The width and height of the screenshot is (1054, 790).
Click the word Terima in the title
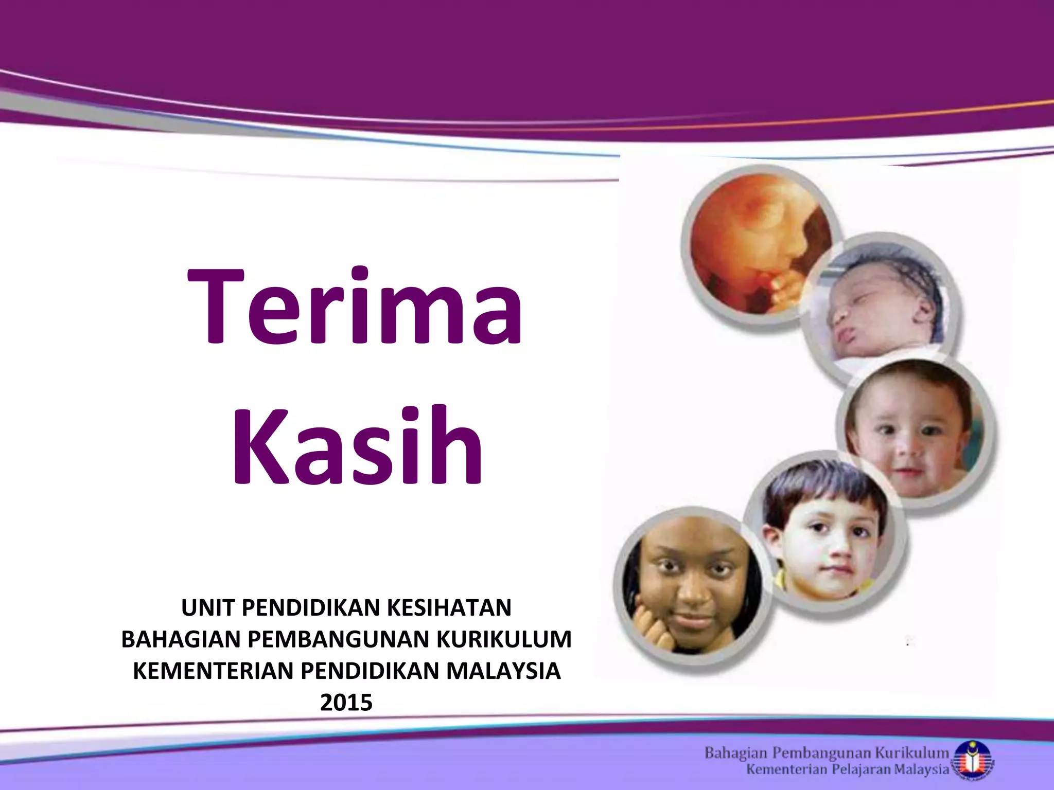(x=355, y=308)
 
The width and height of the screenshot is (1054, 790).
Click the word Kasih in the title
(x=357, y=446)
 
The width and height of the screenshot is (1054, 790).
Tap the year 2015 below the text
(x=346, y=703)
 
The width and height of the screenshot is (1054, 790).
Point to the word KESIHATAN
(x=448, y=608)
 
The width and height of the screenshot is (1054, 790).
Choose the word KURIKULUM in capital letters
(x=504, y=640)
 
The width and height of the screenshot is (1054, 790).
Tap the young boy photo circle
(x=823, y=535)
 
